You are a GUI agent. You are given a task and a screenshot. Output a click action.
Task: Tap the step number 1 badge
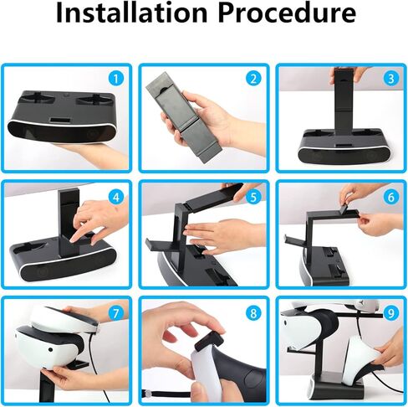tap(115, 79)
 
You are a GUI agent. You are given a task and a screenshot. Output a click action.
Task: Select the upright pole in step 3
tap(341, 105)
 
